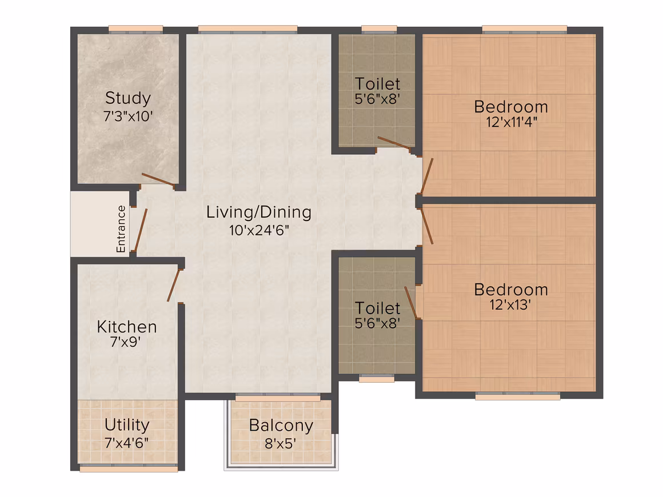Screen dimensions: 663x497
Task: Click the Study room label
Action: coord(127,98)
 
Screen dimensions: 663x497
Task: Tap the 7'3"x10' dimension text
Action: coord(127,116)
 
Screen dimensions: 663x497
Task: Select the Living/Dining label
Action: coord(259,213)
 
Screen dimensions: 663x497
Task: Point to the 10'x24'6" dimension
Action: coord(259,230)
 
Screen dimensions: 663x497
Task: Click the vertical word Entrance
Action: coord(121,229)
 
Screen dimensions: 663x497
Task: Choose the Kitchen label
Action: coord(127,327)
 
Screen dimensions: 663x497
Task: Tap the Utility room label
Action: coord(127,425)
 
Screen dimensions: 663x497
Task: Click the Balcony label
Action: coord(281,426)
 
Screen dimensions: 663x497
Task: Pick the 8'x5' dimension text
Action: coord(280,443)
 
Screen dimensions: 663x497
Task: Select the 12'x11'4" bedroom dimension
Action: coord(511,122)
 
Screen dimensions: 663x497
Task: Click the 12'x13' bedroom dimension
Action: coord(510,304)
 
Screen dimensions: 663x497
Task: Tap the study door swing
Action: coord(158,179)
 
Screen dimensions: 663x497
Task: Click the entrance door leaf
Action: coord(141,230)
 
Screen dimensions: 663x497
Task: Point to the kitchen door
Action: coord(173,285)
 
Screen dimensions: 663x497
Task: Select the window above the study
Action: coord(135,29)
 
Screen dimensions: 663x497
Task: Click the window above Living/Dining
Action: coord(248,29)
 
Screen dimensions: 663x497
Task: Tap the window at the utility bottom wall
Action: coord(129,468)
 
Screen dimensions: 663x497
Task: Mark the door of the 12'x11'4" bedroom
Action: coord(427,176)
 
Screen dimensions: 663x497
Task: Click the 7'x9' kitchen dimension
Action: coord(126,342)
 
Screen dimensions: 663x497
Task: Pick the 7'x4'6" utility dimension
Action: coord(126,443)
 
